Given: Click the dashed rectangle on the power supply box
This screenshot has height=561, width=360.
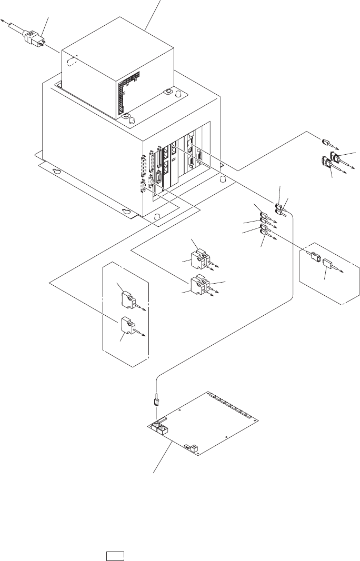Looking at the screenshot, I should pyautogui.click(x=74, y=62).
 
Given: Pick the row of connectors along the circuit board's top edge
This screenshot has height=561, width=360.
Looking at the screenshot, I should pyautogui.click(x=232, y=407).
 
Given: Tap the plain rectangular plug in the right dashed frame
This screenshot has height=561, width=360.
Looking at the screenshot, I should pyautogui.click(x=329, y=265).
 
